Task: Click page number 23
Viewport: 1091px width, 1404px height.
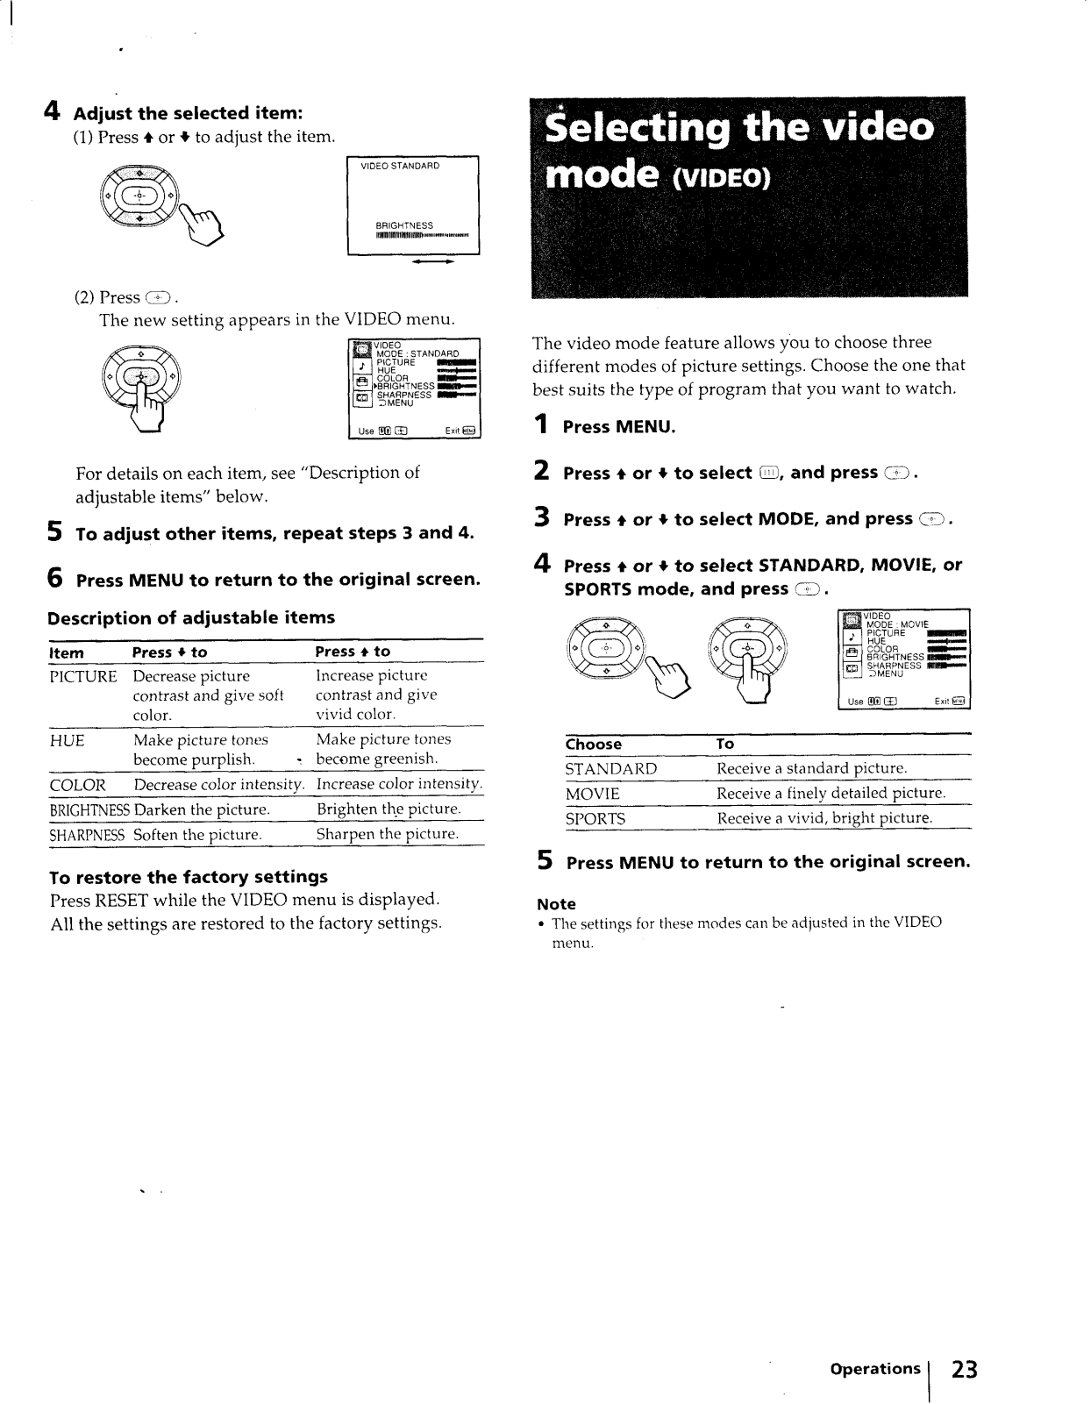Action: click(x=964, y=1369)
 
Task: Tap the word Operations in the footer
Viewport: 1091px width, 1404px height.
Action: click(x=874, y=1368)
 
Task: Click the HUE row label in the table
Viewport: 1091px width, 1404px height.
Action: click(x=68, y=741)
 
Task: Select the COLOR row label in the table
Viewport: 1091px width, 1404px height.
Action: click(x=78, y=785)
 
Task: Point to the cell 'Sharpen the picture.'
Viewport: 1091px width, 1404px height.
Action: click(x=388, y=834)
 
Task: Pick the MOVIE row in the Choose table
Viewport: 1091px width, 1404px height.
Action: click(x=592, y=794)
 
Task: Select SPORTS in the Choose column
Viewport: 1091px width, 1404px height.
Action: click(x=595, y=819)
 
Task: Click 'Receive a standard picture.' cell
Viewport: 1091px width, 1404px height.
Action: click(x=811, y=769)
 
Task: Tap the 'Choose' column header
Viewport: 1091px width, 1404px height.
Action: click(x=593, y=745)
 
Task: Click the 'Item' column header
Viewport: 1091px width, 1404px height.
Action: click(x=67, y=652)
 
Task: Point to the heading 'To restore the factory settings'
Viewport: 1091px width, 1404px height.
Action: click(x=189, y=877)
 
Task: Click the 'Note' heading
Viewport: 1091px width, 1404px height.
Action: click(x=556, y=904)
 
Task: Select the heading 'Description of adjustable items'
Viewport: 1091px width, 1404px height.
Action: click(x=191, y=617)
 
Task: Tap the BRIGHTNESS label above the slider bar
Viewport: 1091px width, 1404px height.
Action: click(x=404, y=225)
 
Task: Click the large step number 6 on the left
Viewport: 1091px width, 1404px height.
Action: click(x=55, y=579)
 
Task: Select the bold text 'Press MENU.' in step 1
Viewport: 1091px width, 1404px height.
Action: click(x=619, y=427)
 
